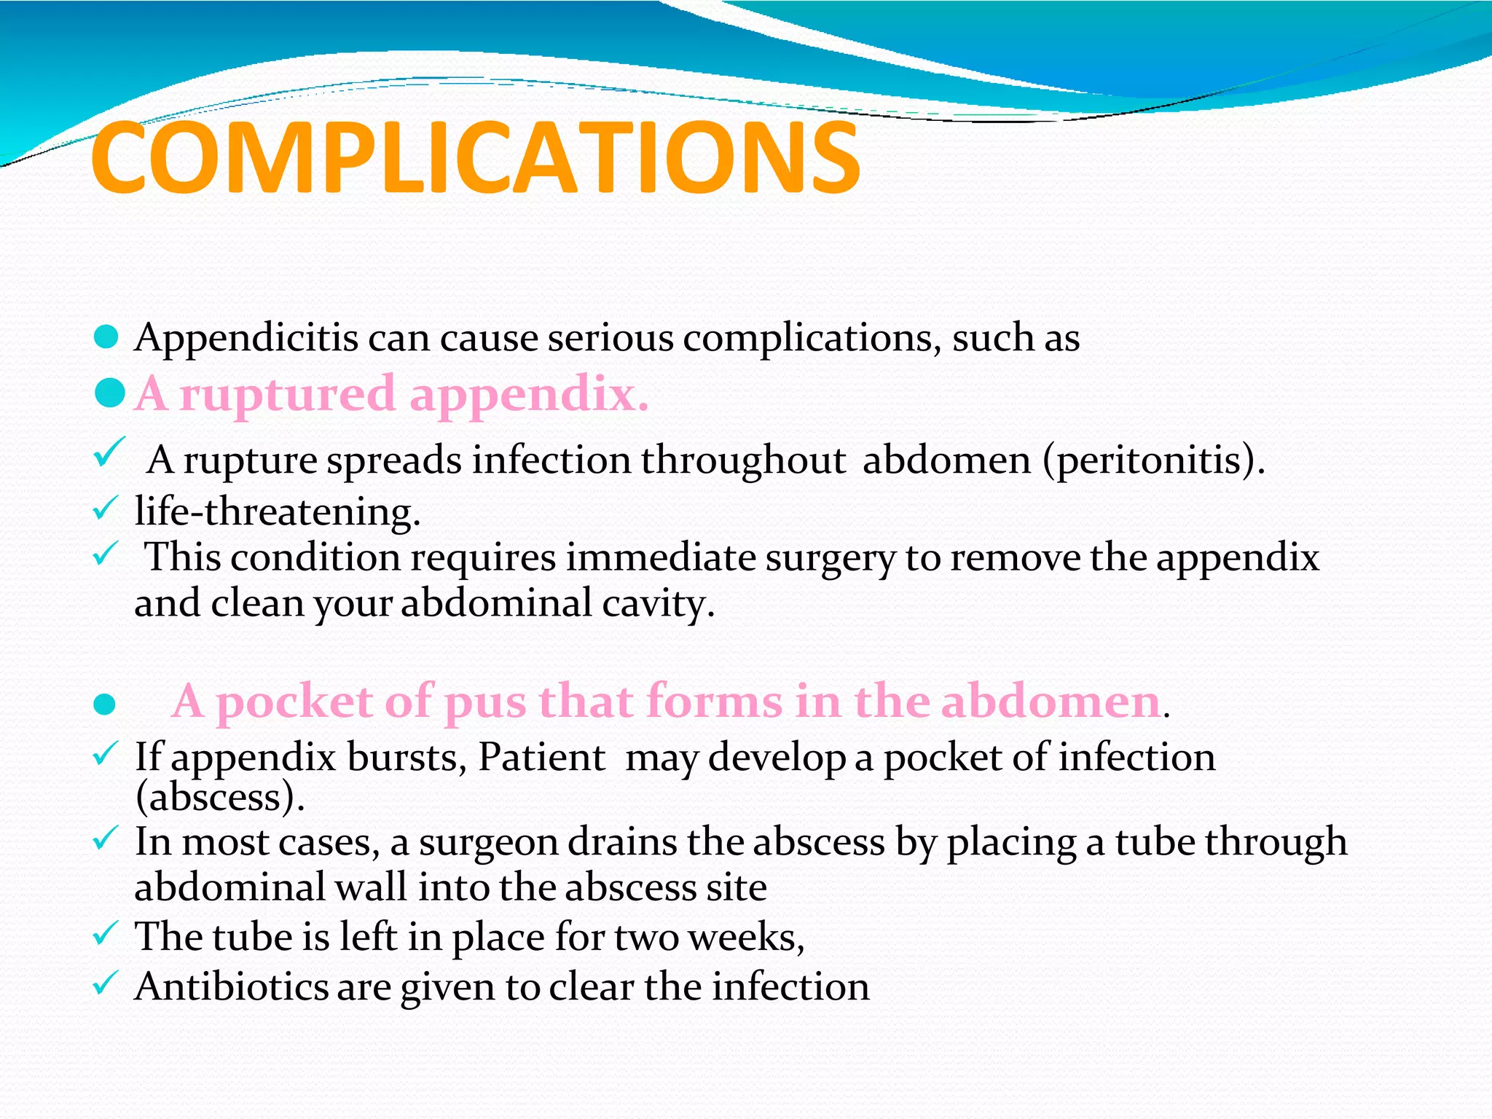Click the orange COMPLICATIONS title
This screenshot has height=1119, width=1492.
[x=475, y=159]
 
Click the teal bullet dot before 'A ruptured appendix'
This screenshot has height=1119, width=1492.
[x=110, y=394]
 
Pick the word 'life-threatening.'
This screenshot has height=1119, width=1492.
[x=278, y=511]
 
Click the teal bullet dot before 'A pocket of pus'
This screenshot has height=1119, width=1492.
[x=105, y=704]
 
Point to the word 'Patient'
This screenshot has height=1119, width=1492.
[x=541, y=757]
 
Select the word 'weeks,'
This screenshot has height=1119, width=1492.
[x=746, y=937]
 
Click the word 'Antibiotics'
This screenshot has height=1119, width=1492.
[x=232, y=987]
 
